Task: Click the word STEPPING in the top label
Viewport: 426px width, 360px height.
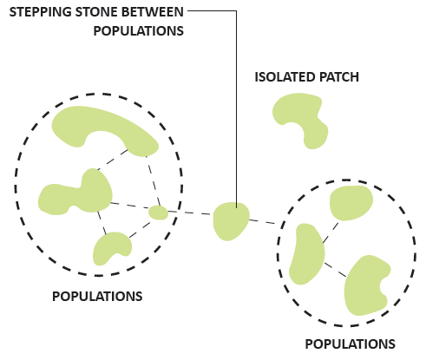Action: [41, 12]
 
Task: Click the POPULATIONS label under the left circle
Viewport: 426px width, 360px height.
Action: [97, 297]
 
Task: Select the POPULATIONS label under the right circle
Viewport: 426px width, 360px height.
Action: [351, 344]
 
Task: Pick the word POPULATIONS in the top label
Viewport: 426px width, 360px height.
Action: [139, 31]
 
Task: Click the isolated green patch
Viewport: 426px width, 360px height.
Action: [301, 120]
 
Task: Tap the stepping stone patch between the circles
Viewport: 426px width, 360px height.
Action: [231, 221]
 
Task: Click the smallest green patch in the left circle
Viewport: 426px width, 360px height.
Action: [158, 213]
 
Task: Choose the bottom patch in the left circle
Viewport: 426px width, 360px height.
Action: [111, 247]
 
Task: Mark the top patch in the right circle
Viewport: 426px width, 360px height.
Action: [351, 203]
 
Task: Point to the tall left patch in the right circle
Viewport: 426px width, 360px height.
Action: [307, 254]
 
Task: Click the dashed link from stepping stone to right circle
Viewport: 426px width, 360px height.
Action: [263, 221]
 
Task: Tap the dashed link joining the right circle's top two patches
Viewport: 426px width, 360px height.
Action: [331, 232]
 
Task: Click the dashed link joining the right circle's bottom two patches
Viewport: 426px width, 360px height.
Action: [336, 270]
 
